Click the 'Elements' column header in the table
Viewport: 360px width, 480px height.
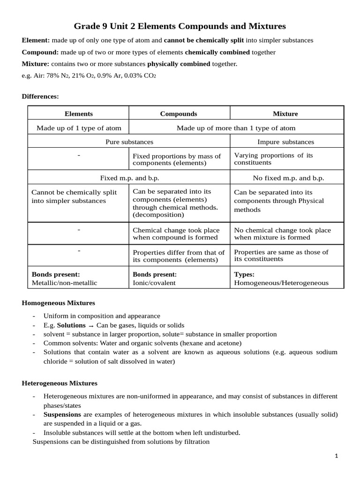tap(78, 113)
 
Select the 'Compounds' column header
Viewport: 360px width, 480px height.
tap(179, 113)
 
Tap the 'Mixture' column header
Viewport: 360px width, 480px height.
tap(285, 113)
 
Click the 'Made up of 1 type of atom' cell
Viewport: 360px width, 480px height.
tap(79, 128)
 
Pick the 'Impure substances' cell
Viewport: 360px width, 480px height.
tap(286, 142)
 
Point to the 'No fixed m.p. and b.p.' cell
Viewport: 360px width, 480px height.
tap(288, 178)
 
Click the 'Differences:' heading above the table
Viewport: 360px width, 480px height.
tap(40, 97)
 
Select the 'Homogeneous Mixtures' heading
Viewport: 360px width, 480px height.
tap(58, 303)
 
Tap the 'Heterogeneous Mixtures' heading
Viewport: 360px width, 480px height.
tap(60, 383)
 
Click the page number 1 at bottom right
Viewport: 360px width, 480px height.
tap(337, 456)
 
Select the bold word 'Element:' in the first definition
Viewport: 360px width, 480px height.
tap(36, 40)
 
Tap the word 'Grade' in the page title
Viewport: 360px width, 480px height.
tap(87, 26)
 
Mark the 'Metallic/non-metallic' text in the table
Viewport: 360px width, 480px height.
tap(64, 283)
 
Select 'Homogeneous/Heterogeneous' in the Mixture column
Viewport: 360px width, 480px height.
tap(281, 283)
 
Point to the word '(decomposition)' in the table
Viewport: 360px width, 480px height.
tap(158, 215)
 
